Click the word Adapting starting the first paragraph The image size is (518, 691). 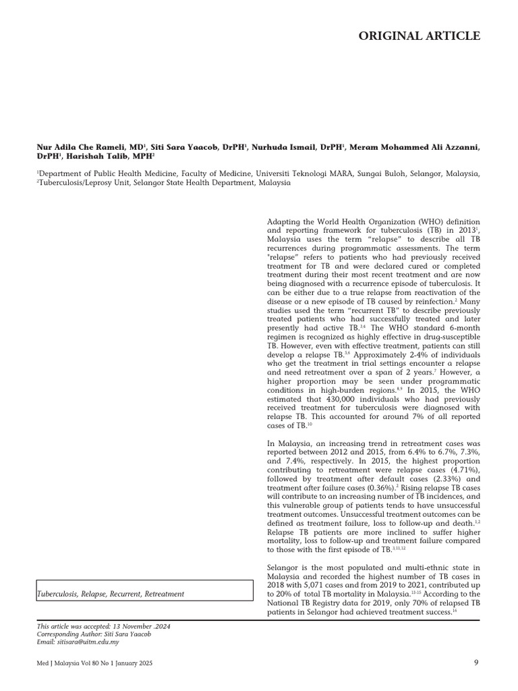click(x=284, y=222)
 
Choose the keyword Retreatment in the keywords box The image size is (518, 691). click(x=160, y=594)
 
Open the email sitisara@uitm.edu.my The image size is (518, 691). click(x=80, y=642)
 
